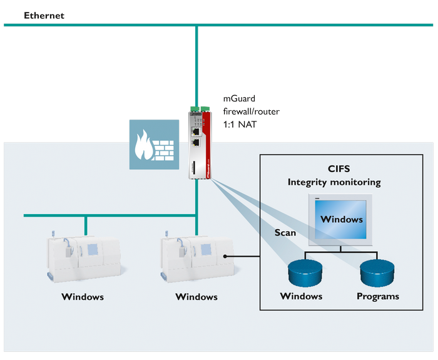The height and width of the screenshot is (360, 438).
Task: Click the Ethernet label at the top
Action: pyautogui.click(x=44, y=16)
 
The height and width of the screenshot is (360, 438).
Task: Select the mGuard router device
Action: pyautogui.click(x=200, y=143)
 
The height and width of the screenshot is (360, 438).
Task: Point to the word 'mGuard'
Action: pyautogui.click(x=240, y=98)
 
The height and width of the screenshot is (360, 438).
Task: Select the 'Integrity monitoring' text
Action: pyautogui.click(x=334, y=182)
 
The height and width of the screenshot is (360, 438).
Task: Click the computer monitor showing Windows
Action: pyautogui.click(x=342, y=219)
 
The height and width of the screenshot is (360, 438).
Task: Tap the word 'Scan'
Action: pyautogui.click(x=285, y=232)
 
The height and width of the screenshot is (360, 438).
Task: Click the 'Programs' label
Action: pyautogui.click(x=377, y=296)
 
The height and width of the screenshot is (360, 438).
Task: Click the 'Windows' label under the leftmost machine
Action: pyautogui.click(x=82, y=296)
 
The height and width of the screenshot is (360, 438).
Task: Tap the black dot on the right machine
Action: pyautogui.click(x=225, y=256)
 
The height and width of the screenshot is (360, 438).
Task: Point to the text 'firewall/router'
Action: pyautogui.click(x=252, y=111)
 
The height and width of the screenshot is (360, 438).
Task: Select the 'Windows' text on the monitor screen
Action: pyautogui.click(x=342, y=219)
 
